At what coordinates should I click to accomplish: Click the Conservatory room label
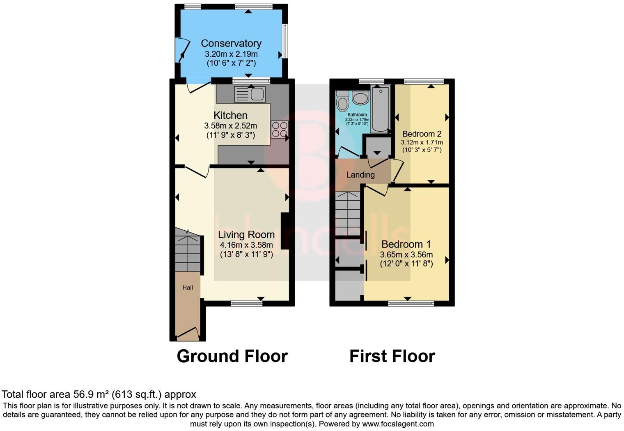[x=231, y=43]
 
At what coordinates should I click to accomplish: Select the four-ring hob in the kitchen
[x=279, y=129]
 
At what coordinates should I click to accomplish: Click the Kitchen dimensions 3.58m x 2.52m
[x=230, y=125]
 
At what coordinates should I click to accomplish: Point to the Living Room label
[x=246, y=234]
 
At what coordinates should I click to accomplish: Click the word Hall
[x=188, y=287]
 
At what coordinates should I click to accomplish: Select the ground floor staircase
[x=188, y=251]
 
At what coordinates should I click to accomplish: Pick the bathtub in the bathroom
[x=380, y=109]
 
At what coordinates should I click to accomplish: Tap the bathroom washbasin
[x=360, y=99]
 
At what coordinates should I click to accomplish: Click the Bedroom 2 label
[x=422, y=134]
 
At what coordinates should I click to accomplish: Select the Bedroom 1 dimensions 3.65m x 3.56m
[x=406, y=255]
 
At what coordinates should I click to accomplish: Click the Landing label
[x=360, y=175]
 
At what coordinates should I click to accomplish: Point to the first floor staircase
[x=348, y=214]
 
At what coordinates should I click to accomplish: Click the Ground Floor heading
[x=232, y=356]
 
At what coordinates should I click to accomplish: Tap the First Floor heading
[x=392, y=356]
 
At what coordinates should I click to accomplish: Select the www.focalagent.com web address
[x=398, y=424]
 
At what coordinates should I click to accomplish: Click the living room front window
[x=246, y=304]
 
